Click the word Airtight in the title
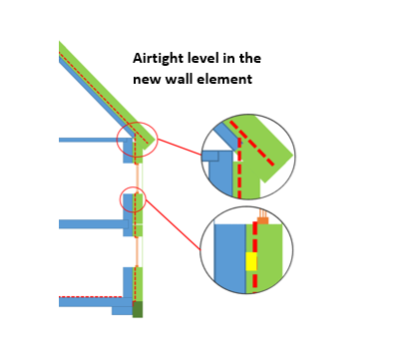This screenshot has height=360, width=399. tap(161, 59)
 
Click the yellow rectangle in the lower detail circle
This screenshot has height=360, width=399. tap(251, 261)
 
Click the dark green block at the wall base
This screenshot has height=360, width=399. tap(138, 309)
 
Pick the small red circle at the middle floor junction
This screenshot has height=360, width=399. tap(133, 199)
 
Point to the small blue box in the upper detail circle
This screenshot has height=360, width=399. tap(209, 156)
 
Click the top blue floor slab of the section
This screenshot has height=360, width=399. tap(90, 140)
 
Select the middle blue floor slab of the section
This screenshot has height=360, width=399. tap(90, 224)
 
